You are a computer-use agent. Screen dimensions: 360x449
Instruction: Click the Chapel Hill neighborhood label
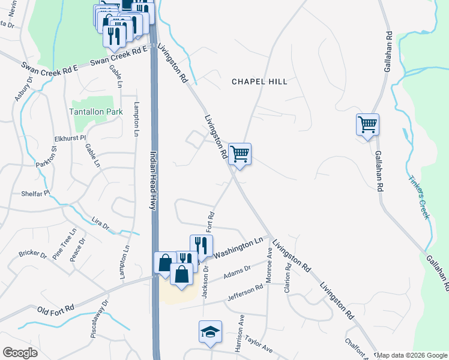coord(259,81)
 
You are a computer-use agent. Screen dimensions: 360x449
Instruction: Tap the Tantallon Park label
coord(96,112)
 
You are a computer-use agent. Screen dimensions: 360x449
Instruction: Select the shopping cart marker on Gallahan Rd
coord(367,125)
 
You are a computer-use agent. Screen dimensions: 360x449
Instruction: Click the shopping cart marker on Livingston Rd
coord(240,154)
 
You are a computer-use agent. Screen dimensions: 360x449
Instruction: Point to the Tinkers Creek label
coord(419,197)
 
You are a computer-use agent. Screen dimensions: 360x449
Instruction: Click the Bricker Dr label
coord(32,254)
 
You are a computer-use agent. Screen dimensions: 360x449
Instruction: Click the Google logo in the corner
coord(20,352)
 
